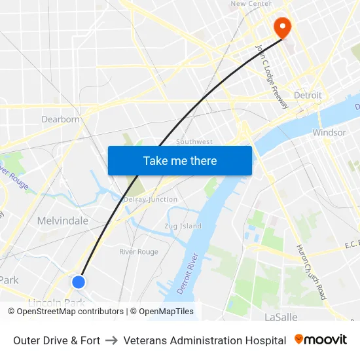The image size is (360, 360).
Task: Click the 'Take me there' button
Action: tap(180, 160)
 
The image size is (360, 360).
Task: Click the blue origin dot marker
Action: tap(79, 281)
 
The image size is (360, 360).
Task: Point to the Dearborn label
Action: tap(60, 119)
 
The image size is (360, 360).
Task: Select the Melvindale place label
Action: tap(63, 221)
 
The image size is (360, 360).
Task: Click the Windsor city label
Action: tap(329, 132)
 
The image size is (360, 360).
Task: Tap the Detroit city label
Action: tap(308, 96)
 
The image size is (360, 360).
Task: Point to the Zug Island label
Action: tap(183, 226)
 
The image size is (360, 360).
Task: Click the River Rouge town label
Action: tap(139, 252)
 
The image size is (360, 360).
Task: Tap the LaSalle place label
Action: tap(281, 317)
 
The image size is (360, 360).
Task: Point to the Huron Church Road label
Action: tap(311, 272)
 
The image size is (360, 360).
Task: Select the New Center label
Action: tap(251, 4)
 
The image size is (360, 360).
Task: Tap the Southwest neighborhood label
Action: tap(194, 142)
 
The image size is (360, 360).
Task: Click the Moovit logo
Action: tap(321, 340)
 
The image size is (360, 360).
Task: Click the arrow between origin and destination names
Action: tap(112, 340)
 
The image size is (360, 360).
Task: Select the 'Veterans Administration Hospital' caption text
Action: tap(205, 340)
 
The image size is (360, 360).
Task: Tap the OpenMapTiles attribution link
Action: tap(162, 312)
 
